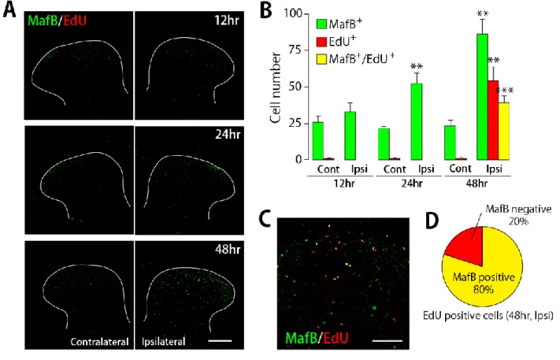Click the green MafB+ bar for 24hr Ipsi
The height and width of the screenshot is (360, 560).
click(417, 121)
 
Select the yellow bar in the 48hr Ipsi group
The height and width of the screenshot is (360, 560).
click(503, 131)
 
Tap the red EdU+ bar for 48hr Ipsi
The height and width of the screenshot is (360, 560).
click(493, 120)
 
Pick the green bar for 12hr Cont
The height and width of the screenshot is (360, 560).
click(318, 141)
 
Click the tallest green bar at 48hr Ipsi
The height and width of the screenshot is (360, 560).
click(482, 97)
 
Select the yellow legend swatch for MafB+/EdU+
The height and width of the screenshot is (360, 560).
click(321, 58)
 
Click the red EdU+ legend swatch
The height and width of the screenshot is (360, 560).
click(321, 42)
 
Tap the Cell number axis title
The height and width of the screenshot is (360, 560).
click(276, 87)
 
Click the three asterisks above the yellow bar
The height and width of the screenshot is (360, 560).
click(505, 91)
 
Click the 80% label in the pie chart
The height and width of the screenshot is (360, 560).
click(484, 288)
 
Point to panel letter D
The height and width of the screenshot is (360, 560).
click(432, 222)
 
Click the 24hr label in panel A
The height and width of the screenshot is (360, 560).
click(228, 135)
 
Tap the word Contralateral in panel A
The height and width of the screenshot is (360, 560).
click(99, 342)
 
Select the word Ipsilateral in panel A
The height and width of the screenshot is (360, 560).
click(164, 342)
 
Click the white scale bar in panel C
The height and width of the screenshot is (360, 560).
click(388, 340)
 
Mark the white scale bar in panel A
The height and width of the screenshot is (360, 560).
click(220, 341)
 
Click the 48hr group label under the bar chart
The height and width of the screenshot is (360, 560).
click(477, 184)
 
